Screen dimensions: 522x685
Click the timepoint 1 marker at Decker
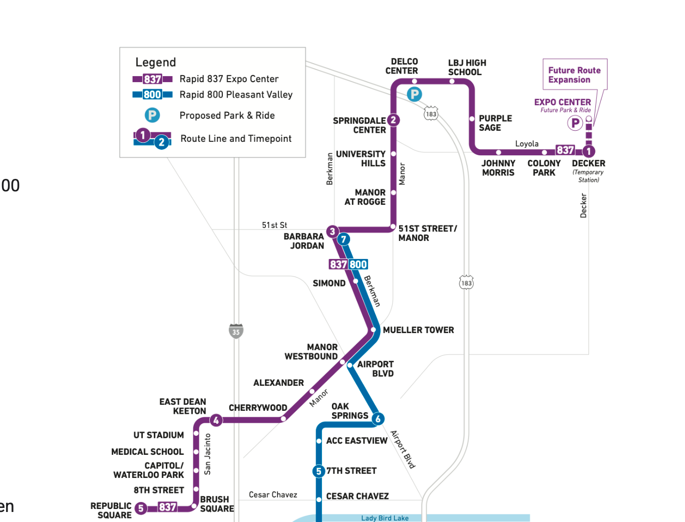point(589,151)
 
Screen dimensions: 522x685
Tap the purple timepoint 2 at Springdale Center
point(394,120)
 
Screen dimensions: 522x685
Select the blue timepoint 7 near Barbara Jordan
point(344,239)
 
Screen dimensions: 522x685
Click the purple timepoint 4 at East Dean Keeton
point(216,420)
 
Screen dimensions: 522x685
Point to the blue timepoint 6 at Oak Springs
point(378,419)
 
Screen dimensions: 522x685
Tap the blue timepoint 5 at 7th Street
point(318,471)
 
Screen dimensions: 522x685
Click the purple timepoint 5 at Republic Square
point(141,508)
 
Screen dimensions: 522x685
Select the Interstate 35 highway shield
point(236,331)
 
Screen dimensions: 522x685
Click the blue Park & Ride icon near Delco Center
point(414,94)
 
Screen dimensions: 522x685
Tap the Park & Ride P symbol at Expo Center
point(575,122)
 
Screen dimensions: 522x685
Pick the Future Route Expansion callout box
point(574,75)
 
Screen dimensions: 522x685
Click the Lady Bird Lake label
point(385,518)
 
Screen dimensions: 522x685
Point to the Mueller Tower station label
point(418,330)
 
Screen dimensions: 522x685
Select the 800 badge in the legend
point(152,95)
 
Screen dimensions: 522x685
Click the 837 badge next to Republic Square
point(167,507)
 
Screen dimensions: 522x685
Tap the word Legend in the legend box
point(156,62)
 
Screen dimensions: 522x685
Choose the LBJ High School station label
point(467,67)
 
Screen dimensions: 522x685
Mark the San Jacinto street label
point(207,454)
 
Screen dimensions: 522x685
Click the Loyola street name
point(527,144)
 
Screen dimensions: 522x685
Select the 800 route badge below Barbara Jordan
point(358,265)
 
